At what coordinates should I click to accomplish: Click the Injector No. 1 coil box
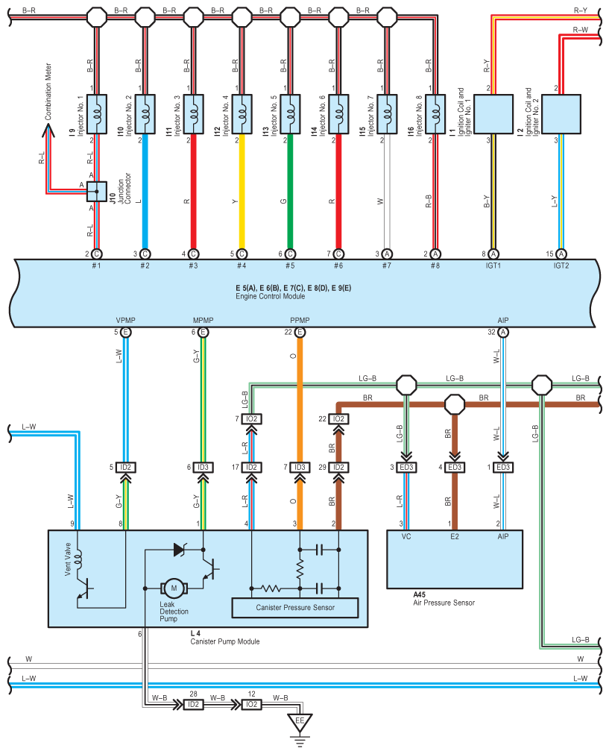tap(97, 114)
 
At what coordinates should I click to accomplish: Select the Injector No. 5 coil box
tap(290, 114)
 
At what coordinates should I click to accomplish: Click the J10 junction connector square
tap(97, 191)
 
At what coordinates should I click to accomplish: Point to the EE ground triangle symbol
tap(300, 722)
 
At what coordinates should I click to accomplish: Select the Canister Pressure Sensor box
tap(295, 608)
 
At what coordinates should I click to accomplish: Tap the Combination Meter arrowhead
tap(48, 131)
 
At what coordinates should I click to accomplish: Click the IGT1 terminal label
tap(493, 266)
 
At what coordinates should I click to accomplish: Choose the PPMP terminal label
tap(300, 321)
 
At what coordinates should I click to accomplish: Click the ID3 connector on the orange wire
tap(300, 468)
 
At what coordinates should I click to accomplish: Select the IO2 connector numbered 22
tap(338, 419)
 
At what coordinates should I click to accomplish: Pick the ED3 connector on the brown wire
tap(455, 468)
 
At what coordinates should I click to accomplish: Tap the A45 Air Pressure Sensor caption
tap(444, 599)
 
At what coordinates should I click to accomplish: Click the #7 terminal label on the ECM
tap(386, 266)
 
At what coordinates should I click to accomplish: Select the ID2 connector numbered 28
tap(192, 704)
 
